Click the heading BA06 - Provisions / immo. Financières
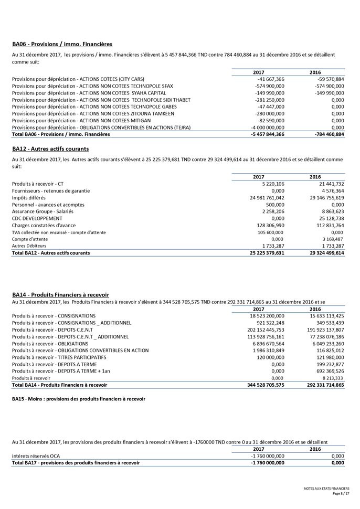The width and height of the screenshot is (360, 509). pos(62,44)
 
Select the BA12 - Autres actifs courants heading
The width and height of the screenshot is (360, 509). pos(50,149)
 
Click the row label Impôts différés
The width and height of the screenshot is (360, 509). pos(29,198)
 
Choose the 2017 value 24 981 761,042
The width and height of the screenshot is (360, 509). pos(264,198)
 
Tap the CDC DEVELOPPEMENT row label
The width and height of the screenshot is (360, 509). pos(37,218)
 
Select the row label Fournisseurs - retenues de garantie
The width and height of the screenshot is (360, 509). pos(50,191)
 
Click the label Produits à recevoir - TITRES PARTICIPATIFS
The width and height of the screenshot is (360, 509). pos(59,357)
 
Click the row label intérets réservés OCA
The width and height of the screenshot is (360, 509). pos(36,457)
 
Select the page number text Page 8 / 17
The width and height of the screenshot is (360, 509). pos(341,494)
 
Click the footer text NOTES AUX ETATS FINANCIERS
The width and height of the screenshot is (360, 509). pos(326,489)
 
